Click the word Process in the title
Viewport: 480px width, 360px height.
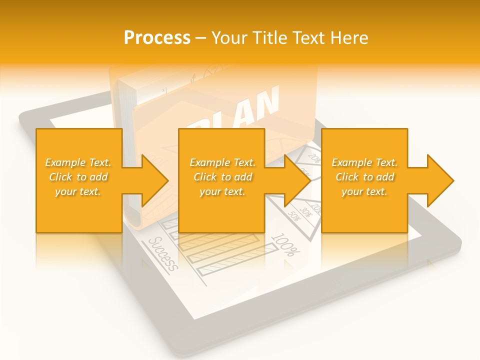tap(157, 38)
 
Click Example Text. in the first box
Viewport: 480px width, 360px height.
tap(78, 162)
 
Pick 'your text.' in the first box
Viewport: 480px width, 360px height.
tap(78, 191)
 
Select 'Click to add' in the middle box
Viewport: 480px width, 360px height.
tap(222, 177)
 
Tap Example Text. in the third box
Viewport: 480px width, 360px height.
tap(364, 162)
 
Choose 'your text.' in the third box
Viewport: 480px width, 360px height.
tap(364, 191)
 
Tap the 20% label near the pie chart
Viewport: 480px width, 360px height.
tap(314, 158)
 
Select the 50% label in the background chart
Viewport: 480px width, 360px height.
tap(293, 216)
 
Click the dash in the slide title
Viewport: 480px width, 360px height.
tap(201, 38)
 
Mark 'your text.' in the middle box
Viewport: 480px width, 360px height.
tap(222, 191)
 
